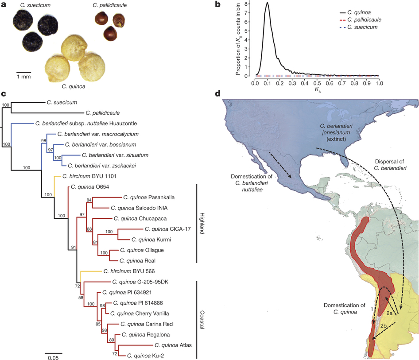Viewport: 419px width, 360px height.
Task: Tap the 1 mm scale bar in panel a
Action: click(24, 71)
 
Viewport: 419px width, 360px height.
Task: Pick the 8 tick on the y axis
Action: click(251, 4)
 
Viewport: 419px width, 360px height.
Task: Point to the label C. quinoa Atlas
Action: click(172, 345)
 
